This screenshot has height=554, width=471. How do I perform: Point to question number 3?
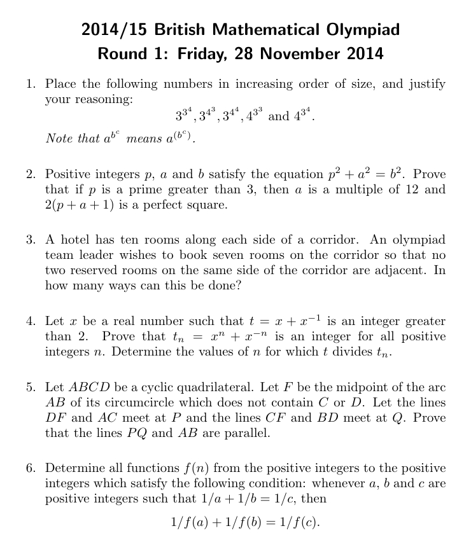pos(30,240)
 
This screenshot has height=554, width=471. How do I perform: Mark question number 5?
pos(30,388)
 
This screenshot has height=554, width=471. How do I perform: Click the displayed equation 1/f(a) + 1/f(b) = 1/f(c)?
pos(245,523)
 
